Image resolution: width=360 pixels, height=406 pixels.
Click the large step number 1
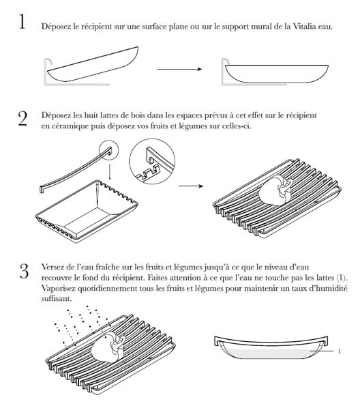22,22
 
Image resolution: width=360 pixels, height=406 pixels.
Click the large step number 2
22,119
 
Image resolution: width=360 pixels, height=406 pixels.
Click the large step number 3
24,271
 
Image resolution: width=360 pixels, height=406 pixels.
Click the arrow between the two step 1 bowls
179,69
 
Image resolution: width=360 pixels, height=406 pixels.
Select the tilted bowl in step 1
93,64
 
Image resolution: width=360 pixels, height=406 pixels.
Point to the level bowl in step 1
276,74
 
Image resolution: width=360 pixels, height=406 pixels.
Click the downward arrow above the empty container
110,171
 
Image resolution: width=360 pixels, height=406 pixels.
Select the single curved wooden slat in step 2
76,170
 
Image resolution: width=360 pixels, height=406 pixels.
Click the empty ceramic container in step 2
87,211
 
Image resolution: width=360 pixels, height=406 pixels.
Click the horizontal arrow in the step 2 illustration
191,186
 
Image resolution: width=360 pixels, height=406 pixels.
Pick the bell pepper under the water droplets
108,348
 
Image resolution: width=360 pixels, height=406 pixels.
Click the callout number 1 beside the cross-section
340,351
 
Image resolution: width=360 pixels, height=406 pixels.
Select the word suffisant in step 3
56,299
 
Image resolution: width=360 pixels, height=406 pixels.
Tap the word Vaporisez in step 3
59,288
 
